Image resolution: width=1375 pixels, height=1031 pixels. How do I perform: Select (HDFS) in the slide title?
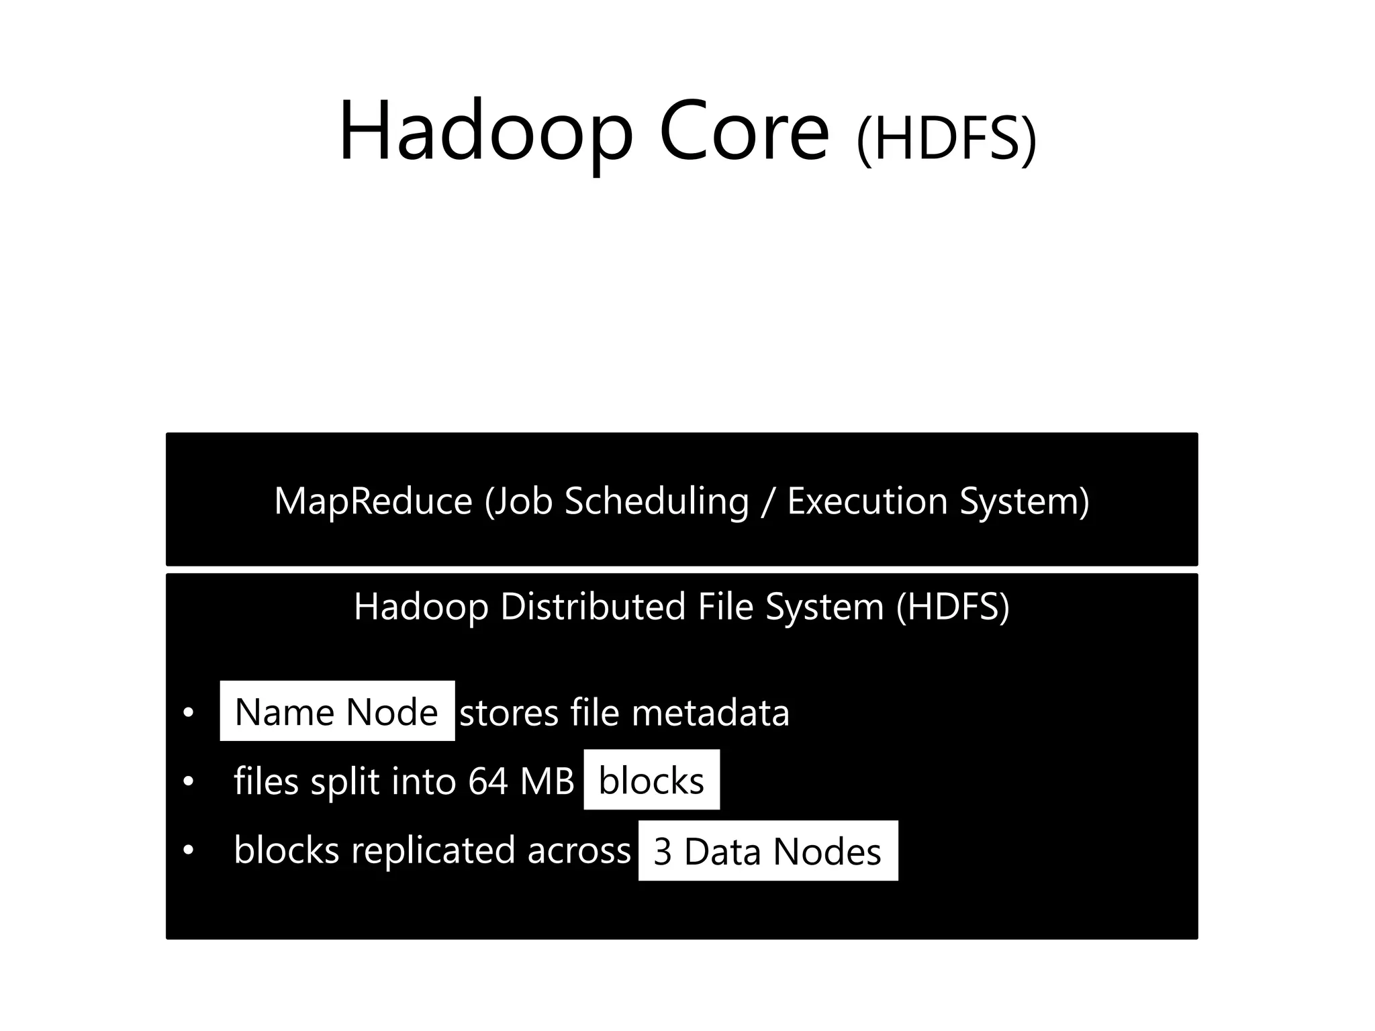click(947, 140)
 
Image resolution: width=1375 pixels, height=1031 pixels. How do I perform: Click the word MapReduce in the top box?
click(373, 501)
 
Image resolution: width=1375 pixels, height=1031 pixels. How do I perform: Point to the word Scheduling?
click(656, 501)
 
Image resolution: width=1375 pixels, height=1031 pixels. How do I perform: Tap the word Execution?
click(867, 501)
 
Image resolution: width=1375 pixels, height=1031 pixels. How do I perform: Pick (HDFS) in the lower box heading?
click(953, 606)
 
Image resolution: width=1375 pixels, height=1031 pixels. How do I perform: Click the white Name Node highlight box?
click(337, 711)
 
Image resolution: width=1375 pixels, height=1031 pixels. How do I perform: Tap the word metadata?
click(710, 712)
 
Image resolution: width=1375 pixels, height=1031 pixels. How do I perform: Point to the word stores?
click(509, 712)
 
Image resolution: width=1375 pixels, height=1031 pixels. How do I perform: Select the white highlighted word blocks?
click(651, 780)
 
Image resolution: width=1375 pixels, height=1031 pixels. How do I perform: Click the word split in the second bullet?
click(345, 781)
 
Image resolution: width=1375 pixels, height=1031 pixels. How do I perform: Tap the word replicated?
click(434, 850)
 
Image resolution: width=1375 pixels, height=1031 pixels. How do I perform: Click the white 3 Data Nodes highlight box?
click(767, 850)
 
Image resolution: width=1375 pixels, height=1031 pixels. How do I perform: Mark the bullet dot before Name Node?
click(189, 712)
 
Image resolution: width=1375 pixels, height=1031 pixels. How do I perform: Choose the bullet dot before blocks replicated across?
click(189, 850)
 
